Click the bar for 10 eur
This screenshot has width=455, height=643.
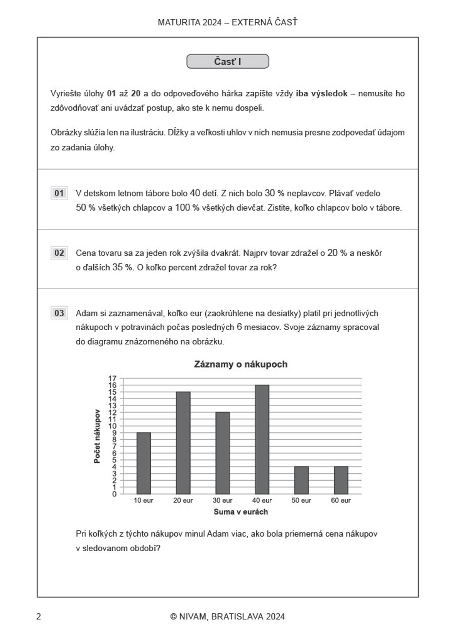(144, 463)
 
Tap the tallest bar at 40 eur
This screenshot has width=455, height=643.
(262, 439)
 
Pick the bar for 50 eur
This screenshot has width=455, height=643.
(301, 480)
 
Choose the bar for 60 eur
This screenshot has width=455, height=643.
(341, 480)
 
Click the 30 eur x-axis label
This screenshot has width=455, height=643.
(222, 500)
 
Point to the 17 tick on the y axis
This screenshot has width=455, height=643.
(112, 378)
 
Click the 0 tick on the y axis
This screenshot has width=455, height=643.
(114, 494)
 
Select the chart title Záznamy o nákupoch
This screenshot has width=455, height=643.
(241, 364)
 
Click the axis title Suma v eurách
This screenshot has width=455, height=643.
(241, 512)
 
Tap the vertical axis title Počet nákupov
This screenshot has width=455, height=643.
(97, 436)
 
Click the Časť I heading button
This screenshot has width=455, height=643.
(227, 61)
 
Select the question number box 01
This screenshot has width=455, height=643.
(59, 193)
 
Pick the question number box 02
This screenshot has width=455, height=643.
(59, 253)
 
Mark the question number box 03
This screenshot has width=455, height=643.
(59, 313)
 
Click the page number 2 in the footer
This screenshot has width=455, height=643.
(39, 617)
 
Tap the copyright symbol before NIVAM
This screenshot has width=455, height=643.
(173, 617)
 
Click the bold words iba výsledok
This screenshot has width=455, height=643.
(322, 94)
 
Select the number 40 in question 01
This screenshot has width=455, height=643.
(195, 193)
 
